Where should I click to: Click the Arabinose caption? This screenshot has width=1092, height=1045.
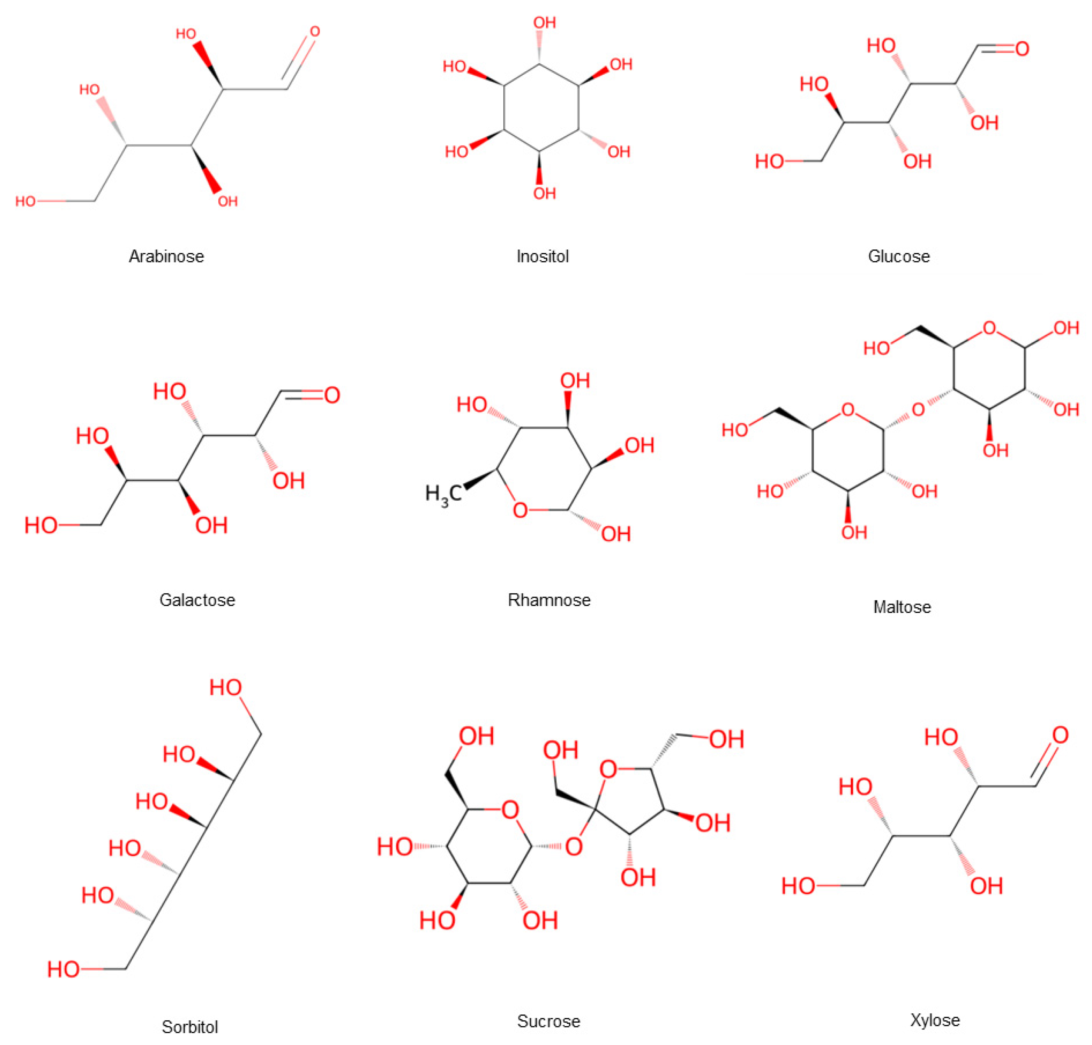tap(166, 256)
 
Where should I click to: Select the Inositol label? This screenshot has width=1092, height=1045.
tap(543, 256)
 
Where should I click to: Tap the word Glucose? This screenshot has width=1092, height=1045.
tap(899, 256)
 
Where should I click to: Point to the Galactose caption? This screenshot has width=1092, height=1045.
tap(197, 600)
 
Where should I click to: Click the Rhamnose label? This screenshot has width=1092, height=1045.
tap(549, 600)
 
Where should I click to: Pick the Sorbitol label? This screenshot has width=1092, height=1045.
tap(190, 1027)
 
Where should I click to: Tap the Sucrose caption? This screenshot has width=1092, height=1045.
tap(548, 1021)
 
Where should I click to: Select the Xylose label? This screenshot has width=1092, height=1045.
tap(935, 1020)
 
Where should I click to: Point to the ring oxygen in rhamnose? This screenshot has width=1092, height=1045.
tap(520, 510)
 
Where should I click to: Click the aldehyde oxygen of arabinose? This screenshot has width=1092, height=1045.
tap(315, 32)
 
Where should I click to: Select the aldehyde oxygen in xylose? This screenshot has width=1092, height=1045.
tap(1060, 735)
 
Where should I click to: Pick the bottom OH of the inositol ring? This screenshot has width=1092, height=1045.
tap(544, 193)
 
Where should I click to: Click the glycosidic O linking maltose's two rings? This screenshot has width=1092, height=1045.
tap(918, 410)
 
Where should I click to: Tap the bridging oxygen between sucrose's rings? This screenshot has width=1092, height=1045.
tap(574, 847)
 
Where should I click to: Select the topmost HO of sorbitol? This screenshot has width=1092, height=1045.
tap(226, 688)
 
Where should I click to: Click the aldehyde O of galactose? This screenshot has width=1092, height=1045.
tap(332, 396)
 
